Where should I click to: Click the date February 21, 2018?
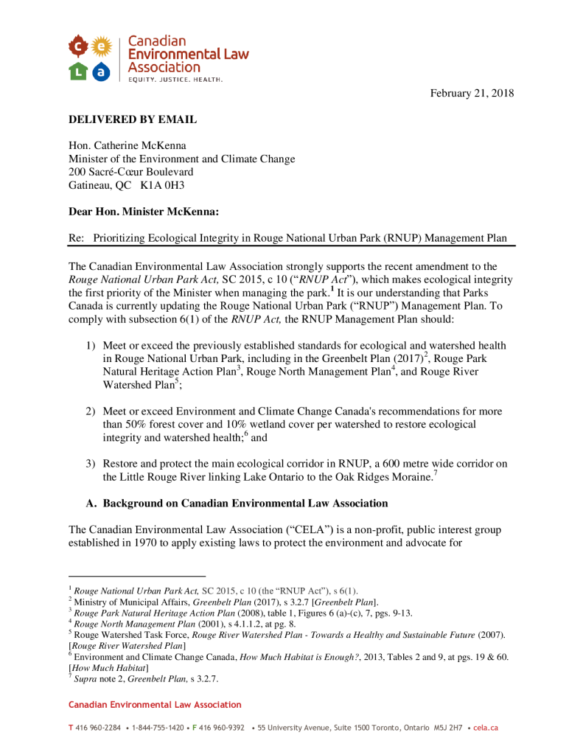[x=472, y=93]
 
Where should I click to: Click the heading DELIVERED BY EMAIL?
[x=133, y=119]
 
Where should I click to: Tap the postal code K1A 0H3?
[x=162, y=185]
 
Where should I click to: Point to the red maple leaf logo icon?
[x=78, y=49]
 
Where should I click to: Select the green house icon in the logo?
[x=78, y=71]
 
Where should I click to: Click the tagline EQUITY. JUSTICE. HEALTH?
[x=175, y=78]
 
